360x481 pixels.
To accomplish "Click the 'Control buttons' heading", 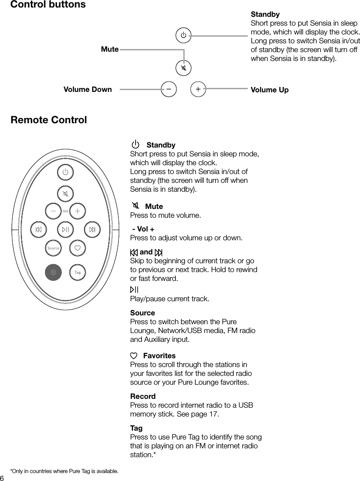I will point(48,5).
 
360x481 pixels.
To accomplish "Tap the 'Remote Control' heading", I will point(49,120).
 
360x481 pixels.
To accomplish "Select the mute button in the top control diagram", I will point(183,68).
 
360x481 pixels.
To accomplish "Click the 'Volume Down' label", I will point(87,90).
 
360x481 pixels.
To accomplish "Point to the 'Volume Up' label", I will point(269,90).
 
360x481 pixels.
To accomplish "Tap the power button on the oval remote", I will point(65,172).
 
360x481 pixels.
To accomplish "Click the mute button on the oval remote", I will point(65,193).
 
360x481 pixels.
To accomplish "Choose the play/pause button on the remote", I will point(65,229).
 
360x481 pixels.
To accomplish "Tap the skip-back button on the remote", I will point(38,229).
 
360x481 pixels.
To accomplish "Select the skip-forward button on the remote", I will point(92,229).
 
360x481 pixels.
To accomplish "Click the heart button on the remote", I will point(78,248).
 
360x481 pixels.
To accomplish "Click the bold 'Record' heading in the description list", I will point(143,396).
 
